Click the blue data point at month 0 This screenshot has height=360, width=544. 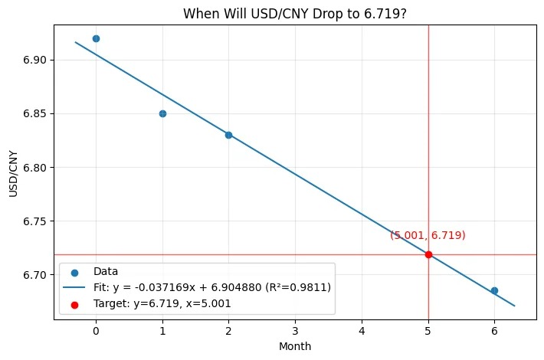point(96,38)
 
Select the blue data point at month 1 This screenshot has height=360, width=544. point(162,113)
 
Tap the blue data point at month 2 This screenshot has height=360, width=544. point(228,135)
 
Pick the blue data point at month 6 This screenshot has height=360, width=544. point(494,290)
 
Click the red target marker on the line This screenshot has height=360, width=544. point(428,254)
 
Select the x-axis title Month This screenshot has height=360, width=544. point(295,347)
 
